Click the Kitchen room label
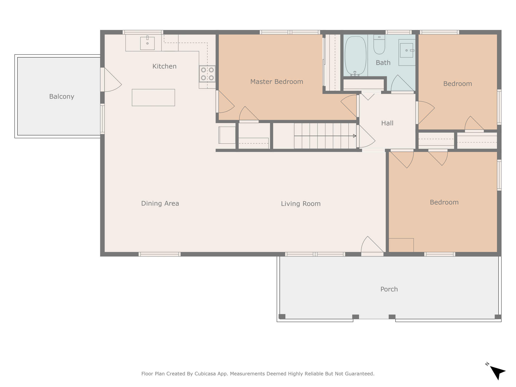[x=164, y=66]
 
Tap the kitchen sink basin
[x=147, y=43]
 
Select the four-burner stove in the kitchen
[x=207, y=74]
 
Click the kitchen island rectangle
[x=153, y=98]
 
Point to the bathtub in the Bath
[x=355, y=56]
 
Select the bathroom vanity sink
[x=406, y=50]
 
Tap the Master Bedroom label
[x=277, y=82]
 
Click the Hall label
[x=387, y=123]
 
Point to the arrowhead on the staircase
[x=355, y=136]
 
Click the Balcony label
[x=62, y=96]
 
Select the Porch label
[x=389, y=289]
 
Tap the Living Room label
[x=301, y=204]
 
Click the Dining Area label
[x=160, y=203]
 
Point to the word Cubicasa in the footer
[x=205, y=374]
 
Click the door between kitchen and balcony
[x=111, y=80]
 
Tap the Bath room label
[x=383, y=63]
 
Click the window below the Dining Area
[x=159, y=254]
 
